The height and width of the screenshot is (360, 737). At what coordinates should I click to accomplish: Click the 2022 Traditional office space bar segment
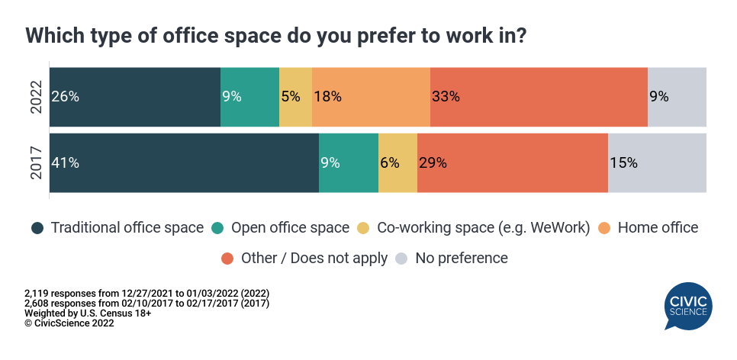click(x=135, y=97)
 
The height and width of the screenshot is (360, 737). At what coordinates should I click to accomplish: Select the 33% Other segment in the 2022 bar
click(x=539, y=97)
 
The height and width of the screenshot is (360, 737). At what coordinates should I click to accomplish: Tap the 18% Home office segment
click(x=371, y=97)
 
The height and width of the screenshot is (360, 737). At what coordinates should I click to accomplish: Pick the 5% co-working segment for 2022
click(x=296, y=97)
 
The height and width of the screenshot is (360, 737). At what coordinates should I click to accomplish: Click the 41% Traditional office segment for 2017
click(x=185, y=162)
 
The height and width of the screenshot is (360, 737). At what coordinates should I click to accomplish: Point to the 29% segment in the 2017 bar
click(x=513, y=162)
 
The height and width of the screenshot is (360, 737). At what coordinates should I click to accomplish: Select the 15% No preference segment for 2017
click(x=657, y=162)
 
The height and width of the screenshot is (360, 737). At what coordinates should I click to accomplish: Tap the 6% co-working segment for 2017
click(x=397, y=162)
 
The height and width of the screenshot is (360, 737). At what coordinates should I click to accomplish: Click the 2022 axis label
click(x=36, y=97)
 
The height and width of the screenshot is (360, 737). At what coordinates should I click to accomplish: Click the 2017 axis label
click(x=36, y=162)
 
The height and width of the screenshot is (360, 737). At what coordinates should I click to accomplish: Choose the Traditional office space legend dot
click(x=37, y=228)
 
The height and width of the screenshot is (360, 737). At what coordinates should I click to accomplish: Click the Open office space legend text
click(x=290, y=227)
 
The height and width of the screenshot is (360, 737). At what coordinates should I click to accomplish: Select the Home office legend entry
click(x=648, y=228)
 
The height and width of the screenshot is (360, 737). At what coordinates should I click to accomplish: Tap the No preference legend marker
click(x=401, y=259)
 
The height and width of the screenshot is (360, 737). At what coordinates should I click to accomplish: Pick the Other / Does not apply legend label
click(x=314, y=258)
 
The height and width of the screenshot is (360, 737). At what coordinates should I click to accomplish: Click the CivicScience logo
click(x=688, y=306)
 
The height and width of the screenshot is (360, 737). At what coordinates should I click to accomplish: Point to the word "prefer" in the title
click(x=388, y=36)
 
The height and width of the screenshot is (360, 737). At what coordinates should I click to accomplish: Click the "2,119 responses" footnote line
click(x=147, y=294)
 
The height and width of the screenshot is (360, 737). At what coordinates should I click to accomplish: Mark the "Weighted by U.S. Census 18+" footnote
click(x=88, y=313)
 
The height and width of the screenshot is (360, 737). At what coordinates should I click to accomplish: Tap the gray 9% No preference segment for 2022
click(x=677, y=97)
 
